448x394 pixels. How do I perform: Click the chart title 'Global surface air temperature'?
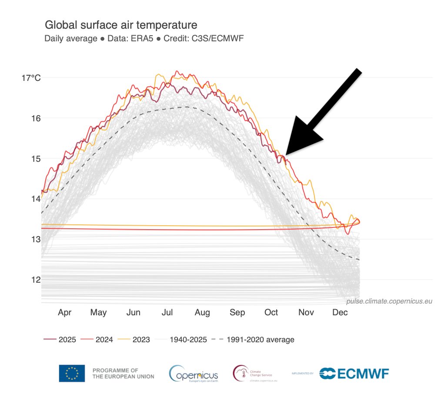click(x=121, y=25)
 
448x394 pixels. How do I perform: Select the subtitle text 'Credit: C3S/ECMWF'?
click(x=204, y=38)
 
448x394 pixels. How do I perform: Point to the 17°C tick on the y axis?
click(x=31, y=78)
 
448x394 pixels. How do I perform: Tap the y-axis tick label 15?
click(x=36, y=159)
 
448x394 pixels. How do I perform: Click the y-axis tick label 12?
click(x=36, y=280)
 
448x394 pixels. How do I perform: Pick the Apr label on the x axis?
click(x=64, y=312)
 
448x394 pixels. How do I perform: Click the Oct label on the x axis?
click(x=271, y=312)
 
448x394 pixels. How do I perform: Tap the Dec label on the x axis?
click(x=340, y=312)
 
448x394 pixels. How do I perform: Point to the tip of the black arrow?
click(x=286, y=154)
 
